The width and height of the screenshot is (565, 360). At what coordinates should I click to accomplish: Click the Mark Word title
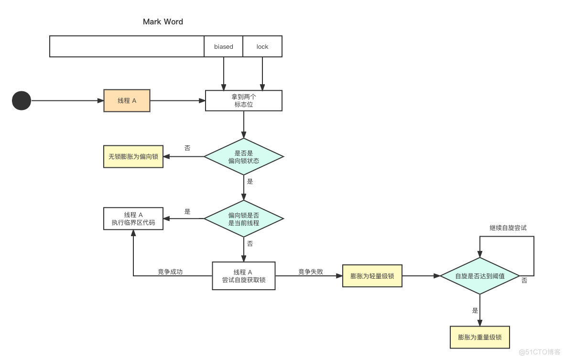163,22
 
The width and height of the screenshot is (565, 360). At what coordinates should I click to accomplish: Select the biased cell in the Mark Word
223,46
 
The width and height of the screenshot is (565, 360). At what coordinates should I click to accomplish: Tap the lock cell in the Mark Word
262,46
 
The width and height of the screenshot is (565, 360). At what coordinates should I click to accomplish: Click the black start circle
22,100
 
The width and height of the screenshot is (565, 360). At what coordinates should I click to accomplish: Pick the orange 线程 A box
127,100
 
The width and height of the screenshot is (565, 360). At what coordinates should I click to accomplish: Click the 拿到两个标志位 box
244,100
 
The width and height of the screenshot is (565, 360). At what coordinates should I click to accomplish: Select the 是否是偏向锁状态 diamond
244,157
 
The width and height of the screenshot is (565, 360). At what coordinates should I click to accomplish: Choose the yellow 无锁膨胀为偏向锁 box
133,156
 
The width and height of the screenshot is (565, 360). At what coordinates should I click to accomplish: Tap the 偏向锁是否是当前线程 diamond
244,219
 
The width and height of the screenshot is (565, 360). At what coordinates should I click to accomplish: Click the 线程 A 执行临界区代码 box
133,218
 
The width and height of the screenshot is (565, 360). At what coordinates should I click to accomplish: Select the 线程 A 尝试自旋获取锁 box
244,276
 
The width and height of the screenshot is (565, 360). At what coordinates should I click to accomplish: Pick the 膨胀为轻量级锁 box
372,276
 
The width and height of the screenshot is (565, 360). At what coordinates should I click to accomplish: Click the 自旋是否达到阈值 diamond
480,276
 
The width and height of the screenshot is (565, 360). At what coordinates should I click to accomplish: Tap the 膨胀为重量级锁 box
480,338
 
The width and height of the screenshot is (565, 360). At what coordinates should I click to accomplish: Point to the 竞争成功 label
170,272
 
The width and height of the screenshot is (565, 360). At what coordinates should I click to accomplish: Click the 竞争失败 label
311,272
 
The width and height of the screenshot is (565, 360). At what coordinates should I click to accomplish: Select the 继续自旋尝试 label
508,228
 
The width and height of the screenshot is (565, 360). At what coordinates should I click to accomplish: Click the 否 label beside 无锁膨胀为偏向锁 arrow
187,148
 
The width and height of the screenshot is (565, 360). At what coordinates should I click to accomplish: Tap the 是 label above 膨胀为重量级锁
475,310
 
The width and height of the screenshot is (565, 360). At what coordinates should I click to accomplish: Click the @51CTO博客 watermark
540,352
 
